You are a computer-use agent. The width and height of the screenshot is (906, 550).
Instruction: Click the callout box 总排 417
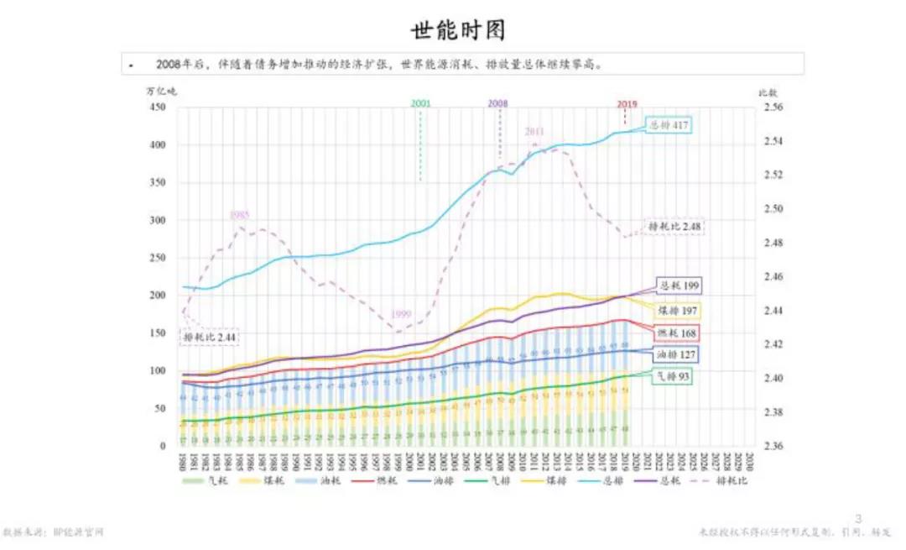pyautogui.click(x=669, y=126)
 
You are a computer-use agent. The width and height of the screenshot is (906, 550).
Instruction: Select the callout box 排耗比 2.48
pyautogui.click(x=674, y=227)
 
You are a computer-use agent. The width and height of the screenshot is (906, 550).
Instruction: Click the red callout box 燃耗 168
pyautogui.click(x=676, y=333)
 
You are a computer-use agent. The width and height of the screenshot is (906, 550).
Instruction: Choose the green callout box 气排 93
pyautogui.click(x=672, y=378)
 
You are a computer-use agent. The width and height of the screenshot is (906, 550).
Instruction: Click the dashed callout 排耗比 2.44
pyautogui.click(x=210, y=337)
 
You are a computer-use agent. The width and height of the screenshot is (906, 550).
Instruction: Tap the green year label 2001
pyautogui.click(x=420, y=103)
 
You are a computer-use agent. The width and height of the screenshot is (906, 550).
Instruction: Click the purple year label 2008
pyautogui.click(x=497, y=103)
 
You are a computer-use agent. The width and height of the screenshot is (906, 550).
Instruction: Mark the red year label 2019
pyautogui.click(x=627, y=104)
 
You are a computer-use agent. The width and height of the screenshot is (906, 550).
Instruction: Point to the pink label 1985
pyautogui.click(x=240, y=216)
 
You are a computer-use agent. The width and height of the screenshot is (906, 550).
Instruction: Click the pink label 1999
pyautogui.click(x=401, y=315)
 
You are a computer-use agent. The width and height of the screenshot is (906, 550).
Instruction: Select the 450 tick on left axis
pyautogui.click(x=158, y=107)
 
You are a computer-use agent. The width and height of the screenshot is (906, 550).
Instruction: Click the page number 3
pyautogui.click(x=857, y=518)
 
